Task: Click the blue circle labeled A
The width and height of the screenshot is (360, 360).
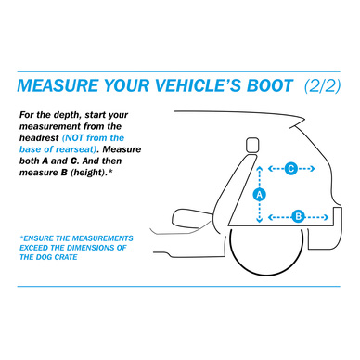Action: [259, 195]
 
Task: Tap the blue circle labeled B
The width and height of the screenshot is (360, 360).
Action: [299, 216]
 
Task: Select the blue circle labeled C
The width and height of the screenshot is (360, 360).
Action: [290, 169]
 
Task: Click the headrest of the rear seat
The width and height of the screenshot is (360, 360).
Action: [252, 145]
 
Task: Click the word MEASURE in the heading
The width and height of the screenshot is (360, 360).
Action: [58, 85]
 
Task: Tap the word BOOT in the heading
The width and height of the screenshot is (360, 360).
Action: [270, 85]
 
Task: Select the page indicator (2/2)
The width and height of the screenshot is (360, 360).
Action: [322, 86]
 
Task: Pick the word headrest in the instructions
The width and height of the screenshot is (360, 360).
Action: [39, 138]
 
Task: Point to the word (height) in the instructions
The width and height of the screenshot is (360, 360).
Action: [88, 173]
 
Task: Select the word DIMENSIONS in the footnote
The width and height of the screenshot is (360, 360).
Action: [92, 248]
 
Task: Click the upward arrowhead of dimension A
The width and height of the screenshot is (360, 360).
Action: [260, 168]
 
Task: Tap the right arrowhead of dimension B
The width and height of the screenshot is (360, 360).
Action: [326, 217]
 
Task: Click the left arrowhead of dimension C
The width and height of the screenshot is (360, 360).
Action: [271, 169]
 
